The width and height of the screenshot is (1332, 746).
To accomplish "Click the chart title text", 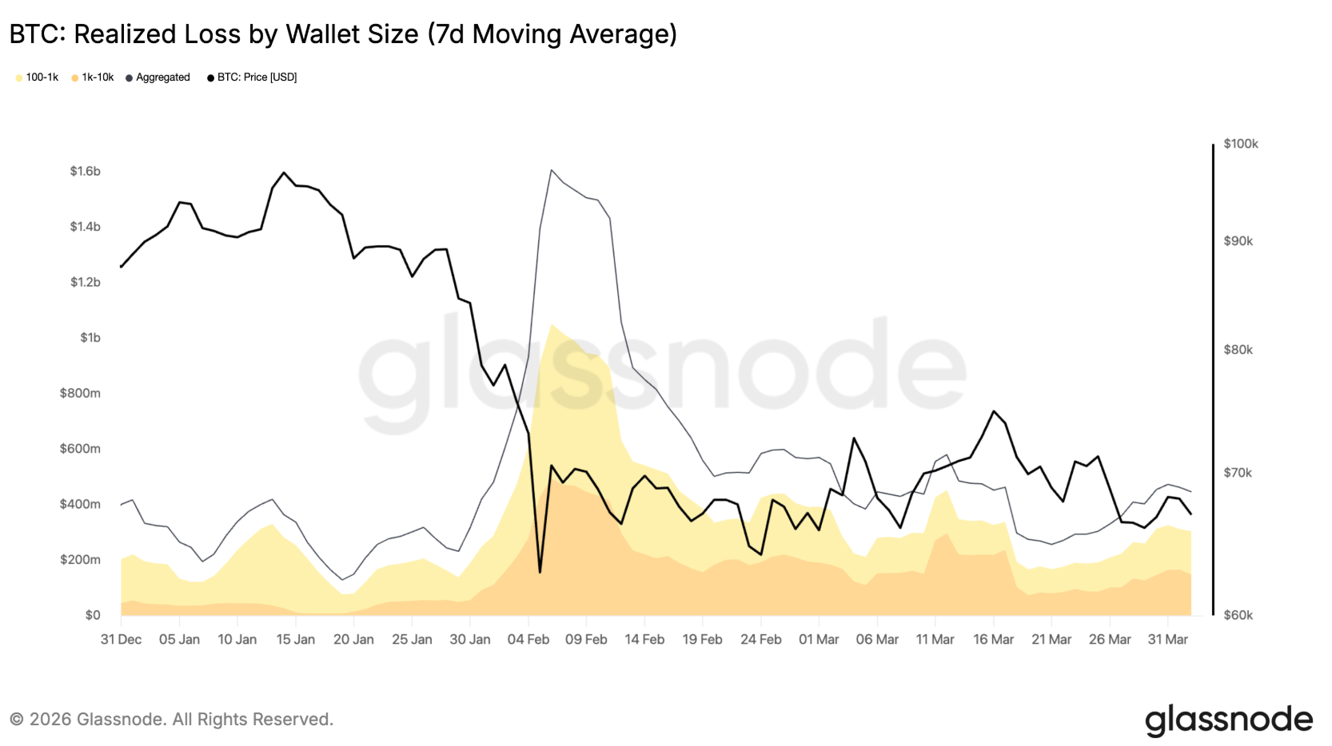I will click(343, 34).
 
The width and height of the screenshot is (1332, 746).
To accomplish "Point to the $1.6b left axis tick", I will click(85, 171).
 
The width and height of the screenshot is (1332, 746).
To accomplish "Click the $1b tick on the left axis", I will click(90, 338).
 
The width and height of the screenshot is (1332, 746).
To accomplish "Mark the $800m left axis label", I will click(80, 393).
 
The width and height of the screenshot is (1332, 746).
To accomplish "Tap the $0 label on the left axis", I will click(93, 615).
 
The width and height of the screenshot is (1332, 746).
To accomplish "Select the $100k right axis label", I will click(1241, 144).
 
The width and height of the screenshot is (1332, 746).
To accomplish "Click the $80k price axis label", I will click(1238, 350).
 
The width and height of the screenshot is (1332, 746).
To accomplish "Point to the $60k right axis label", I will click(1238, 615).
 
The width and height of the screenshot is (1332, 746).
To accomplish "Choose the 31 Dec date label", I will click(121, 640).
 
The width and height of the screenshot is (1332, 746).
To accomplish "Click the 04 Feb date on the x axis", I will click(528, 640).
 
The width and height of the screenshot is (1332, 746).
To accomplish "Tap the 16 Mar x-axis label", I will click(993, 640).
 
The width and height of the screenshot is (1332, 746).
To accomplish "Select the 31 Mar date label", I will click(1167, 640).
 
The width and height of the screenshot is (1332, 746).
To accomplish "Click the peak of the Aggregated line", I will click(552, 170).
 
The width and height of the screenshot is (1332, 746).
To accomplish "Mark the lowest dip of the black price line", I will click(540, 572).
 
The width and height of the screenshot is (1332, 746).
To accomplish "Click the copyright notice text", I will click(171, 720).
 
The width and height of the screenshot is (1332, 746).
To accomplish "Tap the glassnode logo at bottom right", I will click(1229, 720).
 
